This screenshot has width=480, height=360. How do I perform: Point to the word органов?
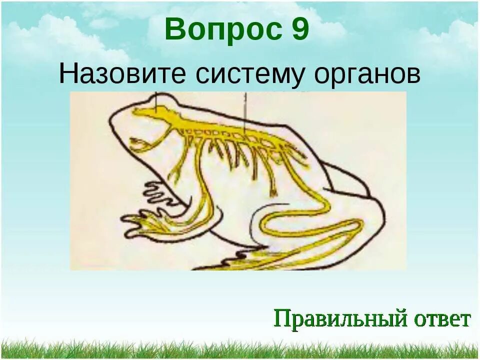tap(367, 75)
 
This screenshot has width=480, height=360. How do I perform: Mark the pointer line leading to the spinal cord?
tap(244, 112)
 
